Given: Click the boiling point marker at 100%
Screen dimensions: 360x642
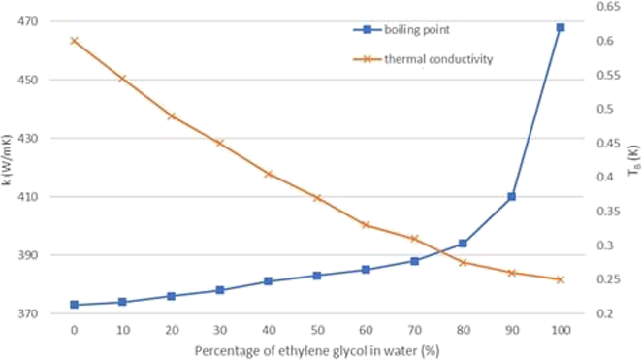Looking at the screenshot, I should [x=560, y=27].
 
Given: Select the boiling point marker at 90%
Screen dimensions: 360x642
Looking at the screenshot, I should [x=511, y=197].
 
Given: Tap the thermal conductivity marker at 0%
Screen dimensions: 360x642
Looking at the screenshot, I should [x=74, y=41].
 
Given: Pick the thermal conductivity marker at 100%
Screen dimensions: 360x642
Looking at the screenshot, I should [x=560, y=279].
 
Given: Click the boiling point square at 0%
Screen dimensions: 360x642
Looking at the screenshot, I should [x=74, y=305].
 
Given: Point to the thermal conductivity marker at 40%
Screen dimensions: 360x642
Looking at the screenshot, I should [x=269, y=174].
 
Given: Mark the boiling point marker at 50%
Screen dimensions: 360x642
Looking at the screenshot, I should [x=317, y=276].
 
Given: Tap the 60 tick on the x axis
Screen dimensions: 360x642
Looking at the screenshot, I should [x=366, y=330].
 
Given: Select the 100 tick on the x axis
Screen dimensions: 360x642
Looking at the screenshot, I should [x=560, y=330].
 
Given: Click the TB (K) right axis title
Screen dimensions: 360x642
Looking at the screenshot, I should [x=632, y=160].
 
